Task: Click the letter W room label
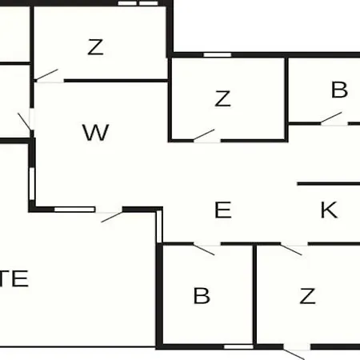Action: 95,133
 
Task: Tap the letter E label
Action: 223,210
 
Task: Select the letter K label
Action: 329,210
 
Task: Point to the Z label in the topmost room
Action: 95,47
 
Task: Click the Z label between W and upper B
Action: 222,98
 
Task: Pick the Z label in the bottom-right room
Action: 307,296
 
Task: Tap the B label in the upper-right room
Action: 339,90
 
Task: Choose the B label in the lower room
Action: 202,295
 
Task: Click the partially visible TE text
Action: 14,278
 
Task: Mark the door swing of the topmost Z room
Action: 46,74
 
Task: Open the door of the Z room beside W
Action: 204,134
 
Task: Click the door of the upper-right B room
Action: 331,118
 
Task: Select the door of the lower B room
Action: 204,250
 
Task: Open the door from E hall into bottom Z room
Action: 291,250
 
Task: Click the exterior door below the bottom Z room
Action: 294,354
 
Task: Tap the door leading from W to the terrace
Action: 112,217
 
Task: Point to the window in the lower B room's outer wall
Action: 238,346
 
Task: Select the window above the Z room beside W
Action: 218,55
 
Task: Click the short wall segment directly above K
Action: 329,184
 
